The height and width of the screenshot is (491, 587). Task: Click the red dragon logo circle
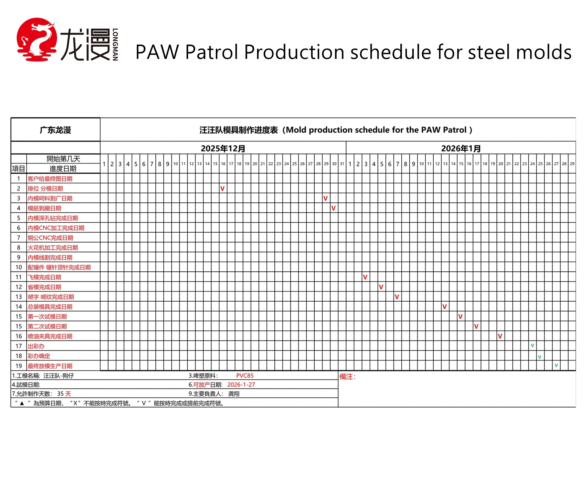(x=37, y=39)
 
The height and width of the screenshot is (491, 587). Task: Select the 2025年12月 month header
(x=223, y=148)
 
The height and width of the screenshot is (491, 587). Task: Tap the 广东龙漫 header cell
(x=55, y=130)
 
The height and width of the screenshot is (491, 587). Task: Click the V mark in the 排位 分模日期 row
(x=222, y=189)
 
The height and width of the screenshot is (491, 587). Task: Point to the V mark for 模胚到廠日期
(x=333, y=208)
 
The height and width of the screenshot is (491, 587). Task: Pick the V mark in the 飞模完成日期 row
(x=365, y=277)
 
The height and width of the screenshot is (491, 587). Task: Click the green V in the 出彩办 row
(x=532, y=346)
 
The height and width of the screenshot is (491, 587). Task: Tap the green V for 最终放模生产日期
(x=556, y=366)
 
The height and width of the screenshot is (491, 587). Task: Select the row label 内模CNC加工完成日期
(x=56, y=228)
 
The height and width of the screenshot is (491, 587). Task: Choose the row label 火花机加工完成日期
(x=52, y=248)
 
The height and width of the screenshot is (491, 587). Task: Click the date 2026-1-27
(x=241, y=385)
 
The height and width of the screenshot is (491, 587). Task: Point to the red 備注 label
(x=347, y=377)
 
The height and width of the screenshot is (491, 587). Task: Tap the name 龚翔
(x=234, y=394)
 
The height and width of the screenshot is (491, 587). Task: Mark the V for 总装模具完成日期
(x=444, y=307)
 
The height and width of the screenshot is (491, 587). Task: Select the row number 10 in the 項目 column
(x=19, y=267)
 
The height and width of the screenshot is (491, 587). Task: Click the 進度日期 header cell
(x=63, y=169)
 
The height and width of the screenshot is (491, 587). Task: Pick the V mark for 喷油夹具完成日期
(x=500, y=336)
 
